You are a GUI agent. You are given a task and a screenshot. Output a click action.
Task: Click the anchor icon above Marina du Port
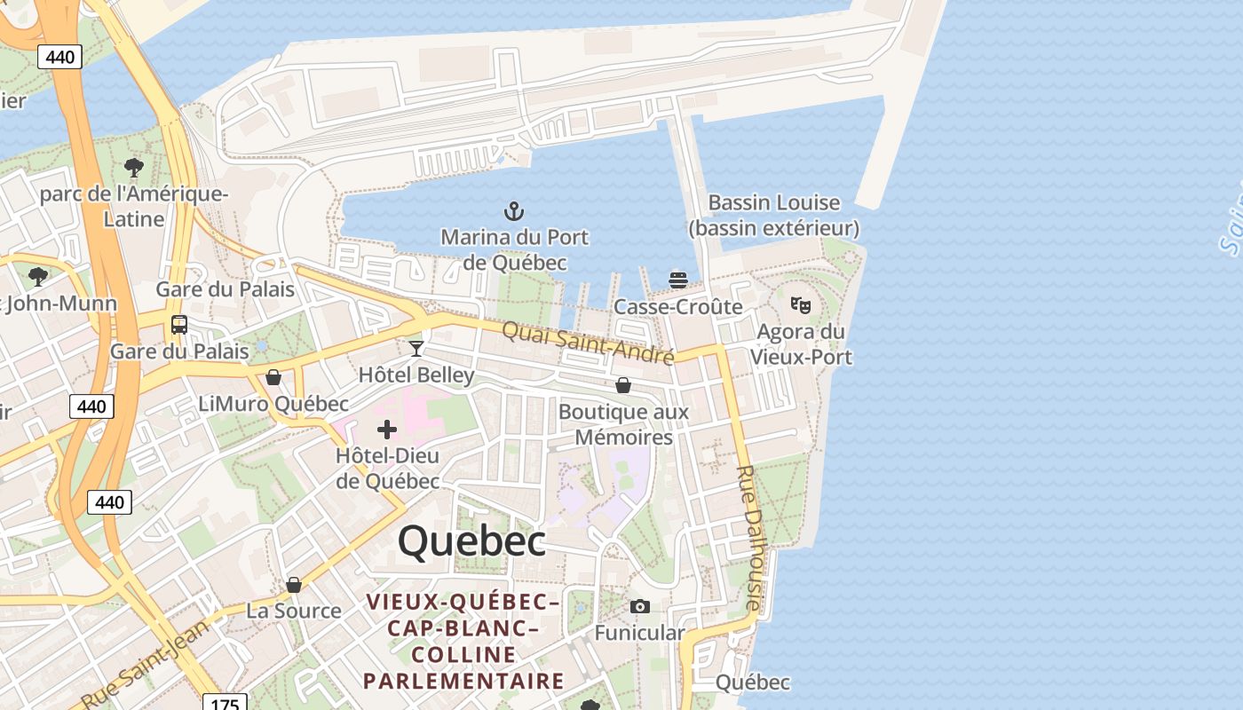tap(514, 211)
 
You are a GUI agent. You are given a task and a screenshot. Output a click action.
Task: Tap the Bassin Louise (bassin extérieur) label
tap(774, 216)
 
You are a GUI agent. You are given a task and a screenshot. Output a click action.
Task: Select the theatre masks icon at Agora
tap(801, 304)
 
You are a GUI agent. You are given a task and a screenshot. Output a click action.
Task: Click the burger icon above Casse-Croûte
tap(678, 280)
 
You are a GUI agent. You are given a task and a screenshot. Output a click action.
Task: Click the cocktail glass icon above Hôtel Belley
tap(416, 348)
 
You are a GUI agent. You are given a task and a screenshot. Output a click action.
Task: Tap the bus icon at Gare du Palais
tap(179, 325)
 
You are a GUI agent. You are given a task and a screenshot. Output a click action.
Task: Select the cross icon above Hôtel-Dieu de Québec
tap(387, 430)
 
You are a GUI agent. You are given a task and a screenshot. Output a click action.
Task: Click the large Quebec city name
tap(471, 540)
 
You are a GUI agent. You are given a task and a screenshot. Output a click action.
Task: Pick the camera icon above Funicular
tap(639, 607)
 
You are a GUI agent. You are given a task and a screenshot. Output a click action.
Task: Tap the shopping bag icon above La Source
tap(294, 585)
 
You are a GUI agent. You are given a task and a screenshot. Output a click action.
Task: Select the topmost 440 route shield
tap(60, 57)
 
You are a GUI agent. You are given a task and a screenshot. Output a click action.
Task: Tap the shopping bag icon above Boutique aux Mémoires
tap(623, 385)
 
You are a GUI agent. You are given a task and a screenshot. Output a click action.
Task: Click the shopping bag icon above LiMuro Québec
tap(273, 377)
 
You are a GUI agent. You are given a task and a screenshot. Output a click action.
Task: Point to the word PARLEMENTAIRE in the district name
tap(463, 681)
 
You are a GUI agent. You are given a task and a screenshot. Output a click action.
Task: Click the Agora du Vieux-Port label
tap(801, 344)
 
